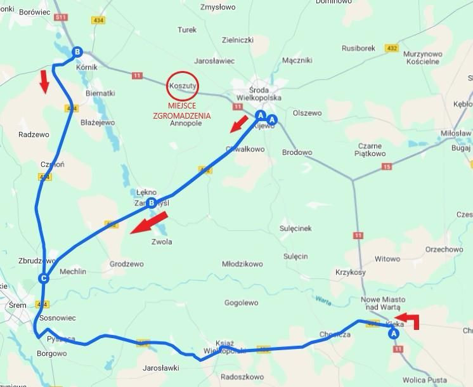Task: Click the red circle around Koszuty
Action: click(183, 84)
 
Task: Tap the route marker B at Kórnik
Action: click(77, 52)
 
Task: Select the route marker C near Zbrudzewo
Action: click(44, 279)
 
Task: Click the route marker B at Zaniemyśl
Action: click(152, 203)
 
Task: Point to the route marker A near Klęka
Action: click(393, 332)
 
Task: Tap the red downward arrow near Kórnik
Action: click(44, 82)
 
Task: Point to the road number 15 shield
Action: click(387, 167)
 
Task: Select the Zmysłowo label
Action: click(217, 8)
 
